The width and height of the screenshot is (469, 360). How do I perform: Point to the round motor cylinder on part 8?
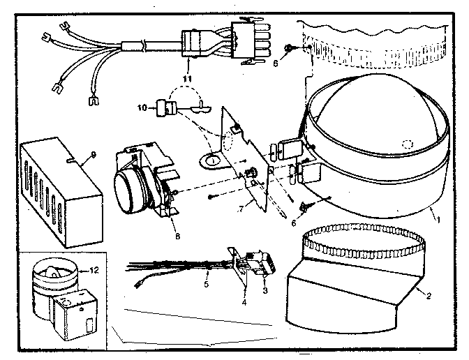coord(132,186)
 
